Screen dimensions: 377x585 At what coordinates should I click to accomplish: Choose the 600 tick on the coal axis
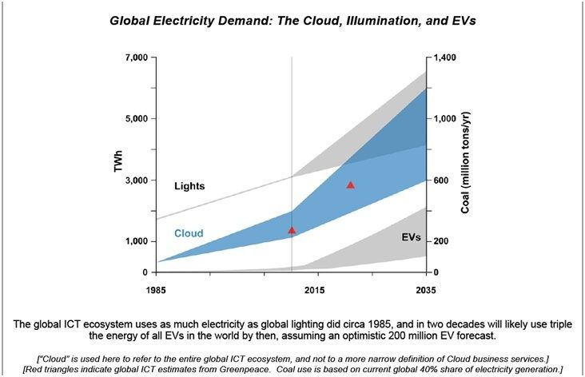coord(442,181)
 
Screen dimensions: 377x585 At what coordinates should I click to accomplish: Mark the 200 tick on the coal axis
coord(442,242)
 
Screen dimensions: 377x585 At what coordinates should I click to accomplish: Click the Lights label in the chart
coord(189,186)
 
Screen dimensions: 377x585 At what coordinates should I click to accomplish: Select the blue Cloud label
coord(189,234)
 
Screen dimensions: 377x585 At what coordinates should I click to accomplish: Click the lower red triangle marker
coord(292,230)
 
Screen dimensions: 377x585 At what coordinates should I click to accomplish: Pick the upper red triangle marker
coord(350,185)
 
